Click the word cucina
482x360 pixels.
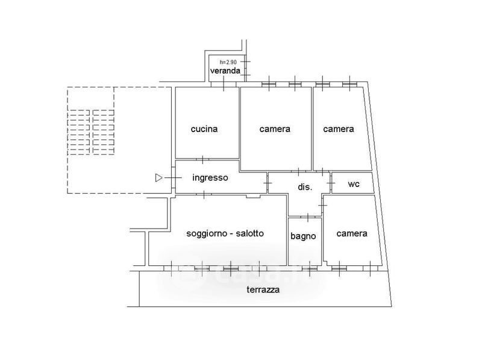click(x=204, y=129)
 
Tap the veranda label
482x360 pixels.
click(x=225, y=71)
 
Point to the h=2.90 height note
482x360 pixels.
click(x=228, y=62)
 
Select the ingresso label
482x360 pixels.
click(x=210, y=177)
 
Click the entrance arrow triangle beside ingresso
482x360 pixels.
click(x=158, y=178)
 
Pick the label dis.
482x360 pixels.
click(x=305, y=187)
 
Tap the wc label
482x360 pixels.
click(x=354, y=184)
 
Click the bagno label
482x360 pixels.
click(x=303, y=236)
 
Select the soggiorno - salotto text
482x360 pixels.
click(x=225, y=233)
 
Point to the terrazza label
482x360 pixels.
click(x=263, y=289)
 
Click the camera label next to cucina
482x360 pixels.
click(x=275, y=129)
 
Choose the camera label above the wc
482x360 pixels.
click(x=339, y=129)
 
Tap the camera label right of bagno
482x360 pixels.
click(x=352, y=233)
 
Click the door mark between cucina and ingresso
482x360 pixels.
click(x=203, y=159)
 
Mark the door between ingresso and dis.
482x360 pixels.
click(x=268, y=183)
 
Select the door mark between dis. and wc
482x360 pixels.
click(x=331, y=183)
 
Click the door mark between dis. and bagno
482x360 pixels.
click(x=308, y=217)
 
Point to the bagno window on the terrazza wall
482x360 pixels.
click(x=310, y=268)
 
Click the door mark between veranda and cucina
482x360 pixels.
click(x=224, y=84)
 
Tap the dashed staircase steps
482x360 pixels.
click(x=91, y=132)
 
